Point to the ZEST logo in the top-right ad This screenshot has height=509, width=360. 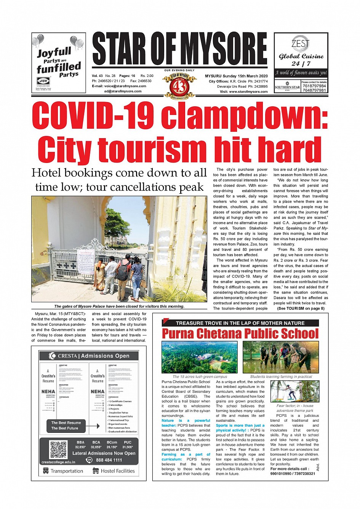[301, 43]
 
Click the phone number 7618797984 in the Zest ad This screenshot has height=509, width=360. [314, 86]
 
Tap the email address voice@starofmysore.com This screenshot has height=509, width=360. [125, 86]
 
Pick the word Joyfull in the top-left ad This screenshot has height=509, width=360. [54, 52]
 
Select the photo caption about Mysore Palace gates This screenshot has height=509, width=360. [119, 306]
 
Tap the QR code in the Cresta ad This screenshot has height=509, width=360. [58, 450]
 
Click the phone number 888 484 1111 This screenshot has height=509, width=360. [109, 460]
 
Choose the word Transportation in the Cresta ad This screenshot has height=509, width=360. [67, 471]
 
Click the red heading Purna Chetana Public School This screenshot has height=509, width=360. [240, 334]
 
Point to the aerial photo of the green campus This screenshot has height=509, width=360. [200, 357]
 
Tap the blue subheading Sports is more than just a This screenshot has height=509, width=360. [240, 426]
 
